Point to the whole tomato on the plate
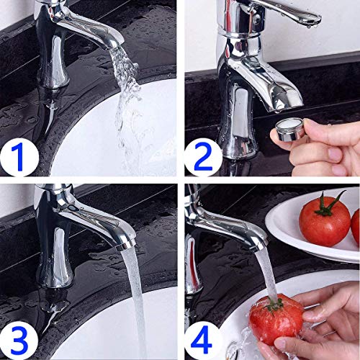[325, 220]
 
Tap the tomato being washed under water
[276, 319]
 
